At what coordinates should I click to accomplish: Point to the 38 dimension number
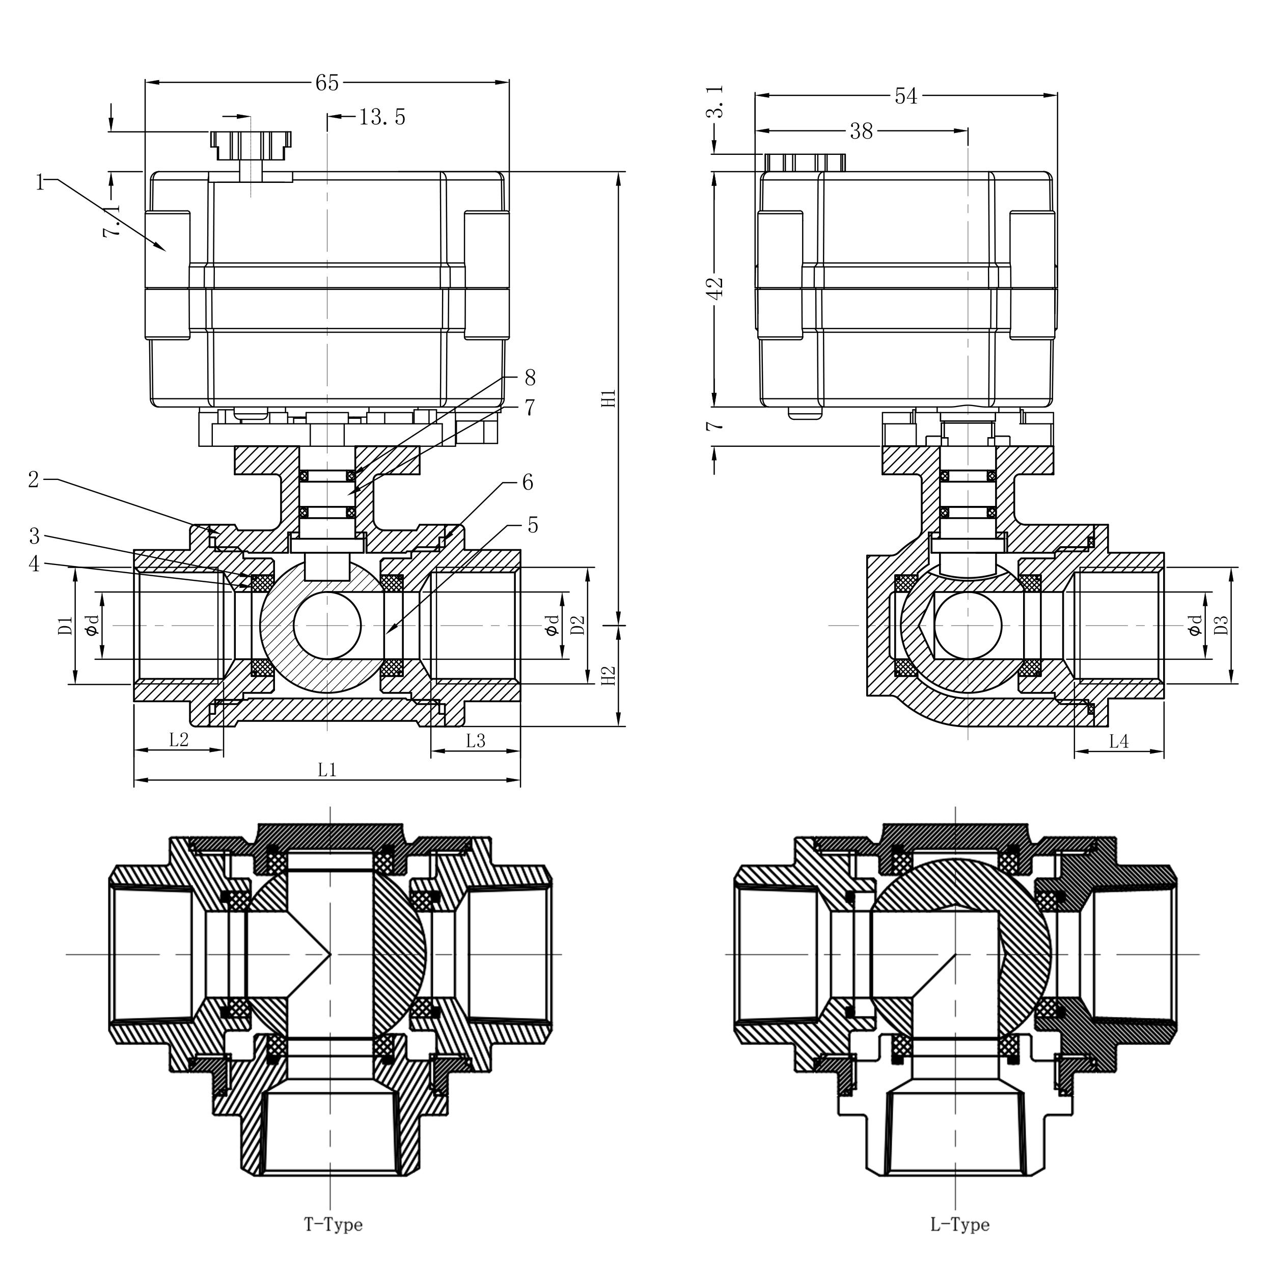pos(861,132)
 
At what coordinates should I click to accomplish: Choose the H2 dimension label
pos(609,676)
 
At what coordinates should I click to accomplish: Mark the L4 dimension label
pos(1118,741)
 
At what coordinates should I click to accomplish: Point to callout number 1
pos(41,182)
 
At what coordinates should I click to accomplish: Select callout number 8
pos(530,378)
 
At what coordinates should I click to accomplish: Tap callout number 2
pos(34,479)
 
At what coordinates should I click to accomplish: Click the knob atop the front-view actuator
pos(251,144)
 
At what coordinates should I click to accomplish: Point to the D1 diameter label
pos(64,625)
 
